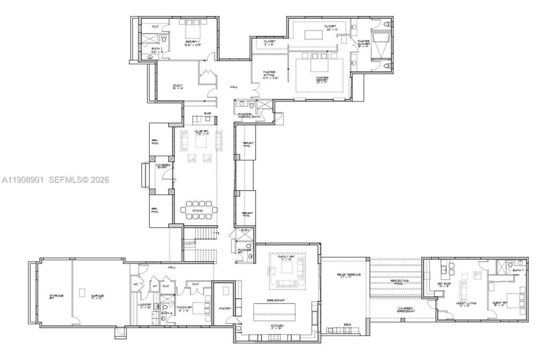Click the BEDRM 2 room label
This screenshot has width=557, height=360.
point(192,42)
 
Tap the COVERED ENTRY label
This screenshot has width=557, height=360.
point(163,167)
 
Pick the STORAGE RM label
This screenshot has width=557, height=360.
point(57,297)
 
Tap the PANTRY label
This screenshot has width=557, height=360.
point(225,309)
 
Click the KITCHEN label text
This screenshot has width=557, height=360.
point(277,326)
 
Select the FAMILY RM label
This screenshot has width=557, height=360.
point(286,257)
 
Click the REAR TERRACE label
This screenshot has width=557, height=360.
point(349,275)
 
